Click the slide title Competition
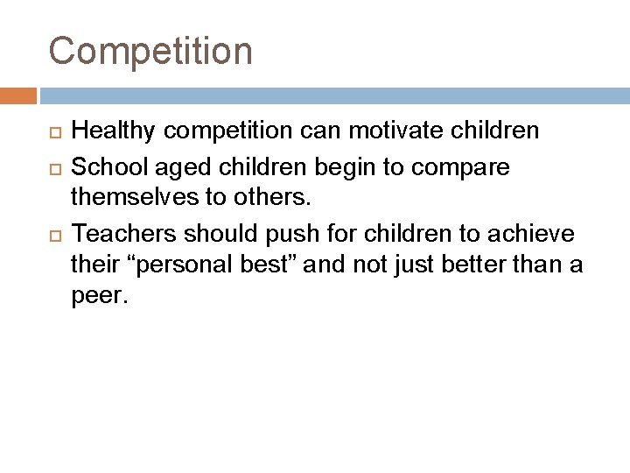[x=150, y=51]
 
